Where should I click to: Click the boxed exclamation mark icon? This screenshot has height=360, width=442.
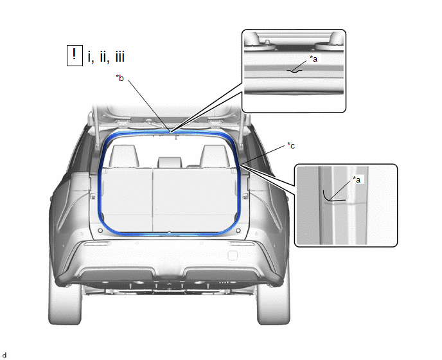75,55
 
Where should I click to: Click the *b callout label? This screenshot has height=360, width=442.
119,78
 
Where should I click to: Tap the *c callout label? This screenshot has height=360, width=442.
291,145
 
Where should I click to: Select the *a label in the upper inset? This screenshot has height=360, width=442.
314,59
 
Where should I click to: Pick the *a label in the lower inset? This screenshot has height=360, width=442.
357,179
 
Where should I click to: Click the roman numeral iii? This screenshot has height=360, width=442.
119,57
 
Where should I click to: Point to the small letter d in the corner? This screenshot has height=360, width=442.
4,355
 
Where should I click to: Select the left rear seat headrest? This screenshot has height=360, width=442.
124,156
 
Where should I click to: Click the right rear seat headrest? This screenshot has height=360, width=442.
215,156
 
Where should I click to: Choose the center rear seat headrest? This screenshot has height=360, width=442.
170,162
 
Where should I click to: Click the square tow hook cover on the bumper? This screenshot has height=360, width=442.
233,256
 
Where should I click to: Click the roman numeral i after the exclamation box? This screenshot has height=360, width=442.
90,57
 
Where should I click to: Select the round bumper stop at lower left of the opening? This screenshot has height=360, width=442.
100,231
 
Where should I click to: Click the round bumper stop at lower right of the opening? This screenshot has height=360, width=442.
238,231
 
